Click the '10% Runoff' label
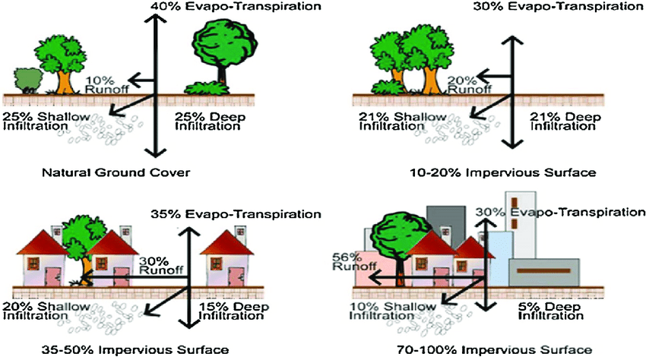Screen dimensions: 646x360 point(107,84)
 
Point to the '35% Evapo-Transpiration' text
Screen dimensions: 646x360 point(236,215)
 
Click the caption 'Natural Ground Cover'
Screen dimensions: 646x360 point(116,172)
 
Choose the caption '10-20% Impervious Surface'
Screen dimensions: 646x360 point(503,172)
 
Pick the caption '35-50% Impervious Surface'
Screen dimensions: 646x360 point(135,350)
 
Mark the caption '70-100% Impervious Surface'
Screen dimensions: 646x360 point(495,350)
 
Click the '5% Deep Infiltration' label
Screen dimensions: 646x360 point(550,311)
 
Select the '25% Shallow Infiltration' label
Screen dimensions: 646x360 point(46,122)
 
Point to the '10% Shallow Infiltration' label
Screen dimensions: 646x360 point(393,311)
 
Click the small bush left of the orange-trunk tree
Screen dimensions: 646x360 point(28,81)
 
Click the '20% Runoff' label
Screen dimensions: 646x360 point(469,84)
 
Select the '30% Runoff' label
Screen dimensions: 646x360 point(161,266)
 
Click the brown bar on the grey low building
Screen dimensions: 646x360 point(544,271)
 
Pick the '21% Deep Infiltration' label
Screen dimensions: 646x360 point(565,122)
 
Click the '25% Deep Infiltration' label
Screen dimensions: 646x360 point(210,122)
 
